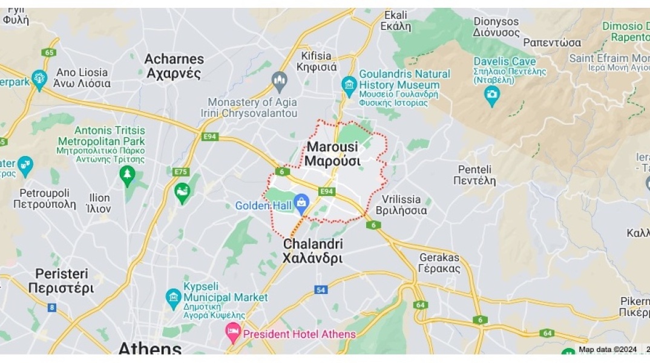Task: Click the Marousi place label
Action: coord(332,154)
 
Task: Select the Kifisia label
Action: coord(317,61)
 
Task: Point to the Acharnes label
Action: coord(174,66)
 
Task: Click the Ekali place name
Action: coord(395,21)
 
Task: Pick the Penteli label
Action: coord(476,175)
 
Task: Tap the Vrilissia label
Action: coord(401,204)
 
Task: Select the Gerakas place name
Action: coord(439,263)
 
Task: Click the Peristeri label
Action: coord(61,281)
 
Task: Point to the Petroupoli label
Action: coord(44,198)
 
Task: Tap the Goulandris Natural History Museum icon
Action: coord(349,84)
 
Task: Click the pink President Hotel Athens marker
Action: coord(233,331)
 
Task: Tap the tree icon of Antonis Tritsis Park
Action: coord(127,175)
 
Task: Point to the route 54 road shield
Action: coord(321,290)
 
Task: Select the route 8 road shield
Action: coord(52,307)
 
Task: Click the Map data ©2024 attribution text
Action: coord(607,349)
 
